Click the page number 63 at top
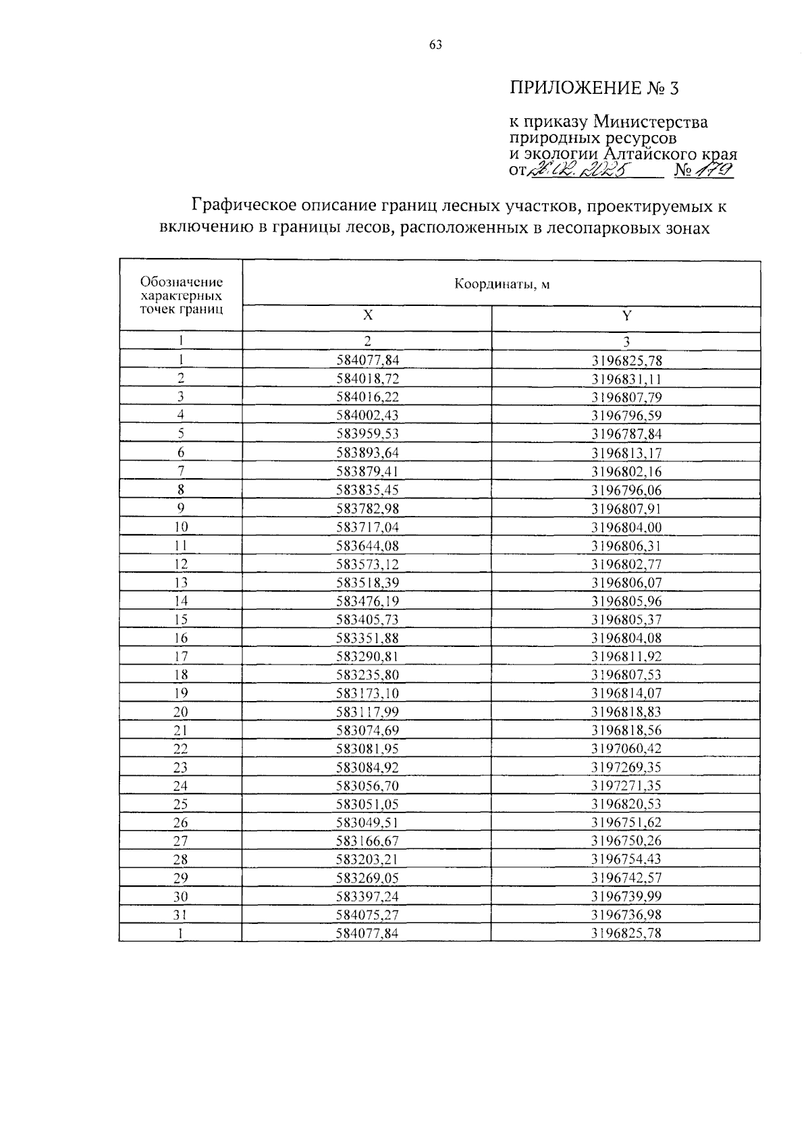coord(435,45)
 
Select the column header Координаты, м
coord(502,284)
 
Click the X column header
coord(367,315)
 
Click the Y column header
coord(626,315)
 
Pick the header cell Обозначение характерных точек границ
coord(181,296)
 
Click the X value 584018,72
coord(367,379)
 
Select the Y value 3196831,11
coord(626,379)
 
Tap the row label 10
coord(181,527)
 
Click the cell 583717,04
coord(367,527)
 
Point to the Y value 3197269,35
coord(626,767)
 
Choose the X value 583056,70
coord(367,785)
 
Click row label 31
coord(181,915)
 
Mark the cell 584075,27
coord(367,915)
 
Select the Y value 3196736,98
coord(626,915)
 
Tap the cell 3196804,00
coord(626,527)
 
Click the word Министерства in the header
coord(651,122)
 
